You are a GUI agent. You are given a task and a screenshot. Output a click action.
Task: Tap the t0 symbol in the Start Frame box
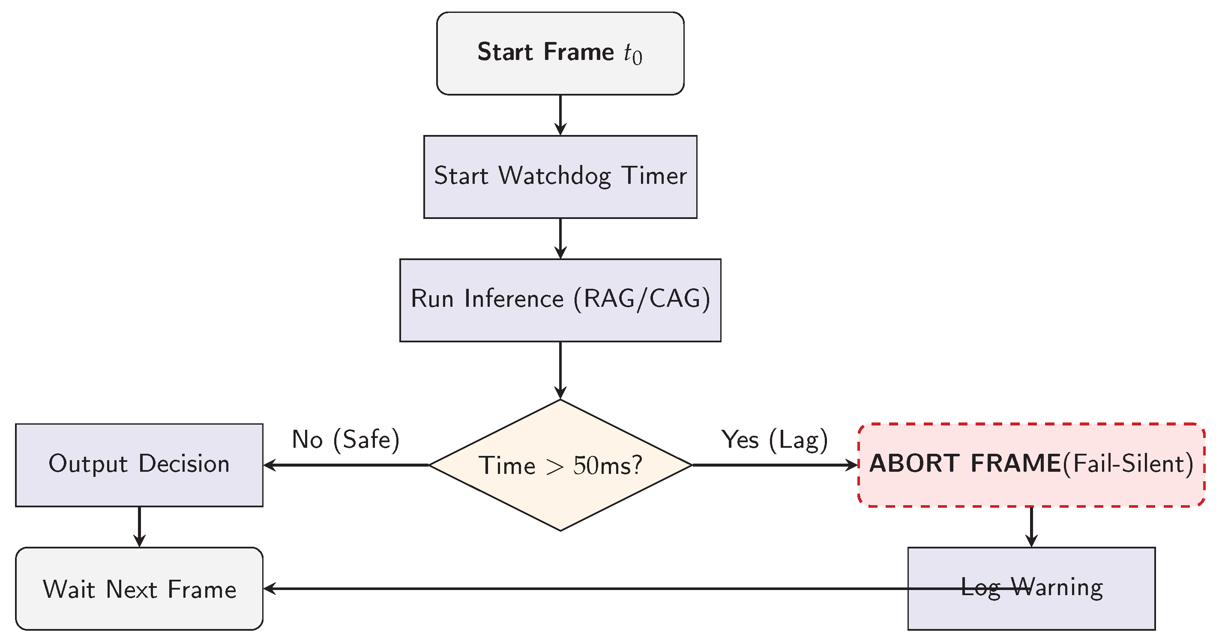[632, 54]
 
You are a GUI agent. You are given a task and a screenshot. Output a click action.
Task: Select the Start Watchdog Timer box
[560, 199]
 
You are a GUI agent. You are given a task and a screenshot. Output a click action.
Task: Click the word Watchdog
[554, 176]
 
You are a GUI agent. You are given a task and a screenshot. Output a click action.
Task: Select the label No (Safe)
[345, 440]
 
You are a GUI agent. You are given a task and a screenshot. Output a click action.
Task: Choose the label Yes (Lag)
[774, 440]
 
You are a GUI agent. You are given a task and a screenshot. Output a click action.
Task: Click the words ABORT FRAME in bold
[965, 463]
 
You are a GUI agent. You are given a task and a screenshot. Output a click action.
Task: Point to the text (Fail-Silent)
[1128, 463]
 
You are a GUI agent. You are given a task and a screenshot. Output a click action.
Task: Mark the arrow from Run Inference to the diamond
[560, 369]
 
